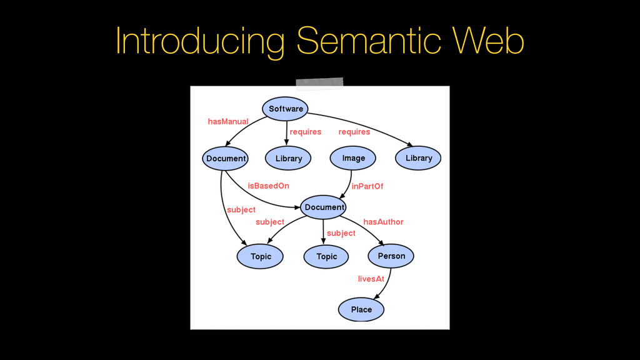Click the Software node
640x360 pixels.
click(x=286, y=109)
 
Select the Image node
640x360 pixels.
click(x=354, y=158)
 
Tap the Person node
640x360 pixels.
click(x=391, y=256)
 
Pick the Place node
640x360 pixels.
click(x=361, y=309)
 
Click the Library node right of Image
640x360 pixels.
click(x=419, y=158)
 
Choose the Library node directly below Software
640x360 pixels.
click(x=289, y=158)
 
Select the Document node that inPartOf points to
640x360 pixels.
click(x=324, y=207)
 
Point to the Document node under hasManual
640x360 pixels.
click(x=226, y=158)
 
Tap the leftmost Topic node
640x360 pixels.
click(x=261, y=256)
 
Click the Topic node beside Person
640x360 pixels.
click(x=326, y=256)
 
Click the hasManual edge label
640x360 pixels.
click(x=227, y=121)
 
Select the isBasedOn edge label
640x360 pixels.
click(x=268, y=186)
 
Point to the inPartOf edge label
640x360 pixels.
click(x=367, y=186)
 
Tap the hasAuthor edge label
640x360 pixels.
click(x=383, y=222)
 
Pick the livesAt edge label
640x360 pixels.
click(x=371, y=279)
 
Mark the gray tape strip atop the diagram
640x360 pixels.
click(x=320, y=83)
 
